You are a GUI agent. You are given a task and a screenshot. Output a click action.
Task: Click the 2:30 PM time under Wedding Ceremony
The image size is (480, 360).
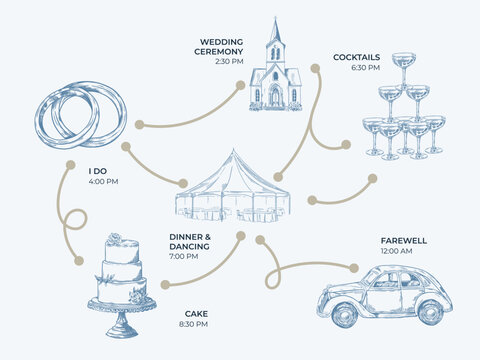click(229, 61)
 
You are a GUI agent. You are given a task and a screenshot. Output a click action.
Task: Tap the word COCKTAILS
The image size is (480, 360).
click(356, 57)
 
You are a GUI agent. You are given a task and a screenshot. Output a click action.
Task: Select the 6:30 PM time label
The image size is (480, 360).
click(365, 68)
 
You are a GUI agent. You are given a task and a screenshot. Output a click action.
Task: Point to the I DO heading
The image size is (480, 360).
click(98, 171)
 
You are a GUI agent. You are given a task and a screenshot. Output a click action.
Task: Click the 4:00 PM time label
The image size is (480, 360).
click(103, 182)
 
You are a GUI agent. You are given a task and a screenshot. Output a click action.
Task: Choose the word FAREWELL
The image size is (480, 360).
click(404, 241)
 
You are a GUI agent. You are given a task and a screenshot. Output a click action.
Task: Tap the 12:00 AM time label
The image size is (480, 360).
click(396, 251)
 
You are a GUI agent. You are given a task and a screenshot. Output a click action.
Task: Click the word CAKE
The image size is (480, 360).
click(196, 314)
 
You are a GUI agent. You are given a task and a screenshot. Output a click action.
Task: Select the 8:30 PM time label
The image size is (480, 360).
click(193, 324)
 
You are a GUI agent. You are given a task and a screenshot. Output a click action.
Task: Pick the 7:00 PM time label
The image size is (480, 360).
click(184, 256)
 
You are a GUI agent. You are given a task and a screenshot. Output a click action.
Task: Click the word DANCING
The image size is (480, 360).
click(189, 247)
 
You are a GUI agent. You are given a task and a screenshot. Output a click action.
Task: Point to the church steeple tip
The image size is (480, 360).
click(275, 17)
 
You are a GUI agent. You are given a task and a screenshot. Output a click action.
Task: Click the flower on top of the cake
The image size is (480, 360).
click(115, 238)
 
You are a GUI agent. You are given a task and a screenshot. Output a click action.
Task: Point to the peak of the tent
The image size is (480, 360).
click(233, 151)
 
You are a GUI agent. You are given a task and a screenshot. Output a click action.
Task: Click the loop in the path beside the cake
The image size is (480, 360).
click(76, 219)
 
